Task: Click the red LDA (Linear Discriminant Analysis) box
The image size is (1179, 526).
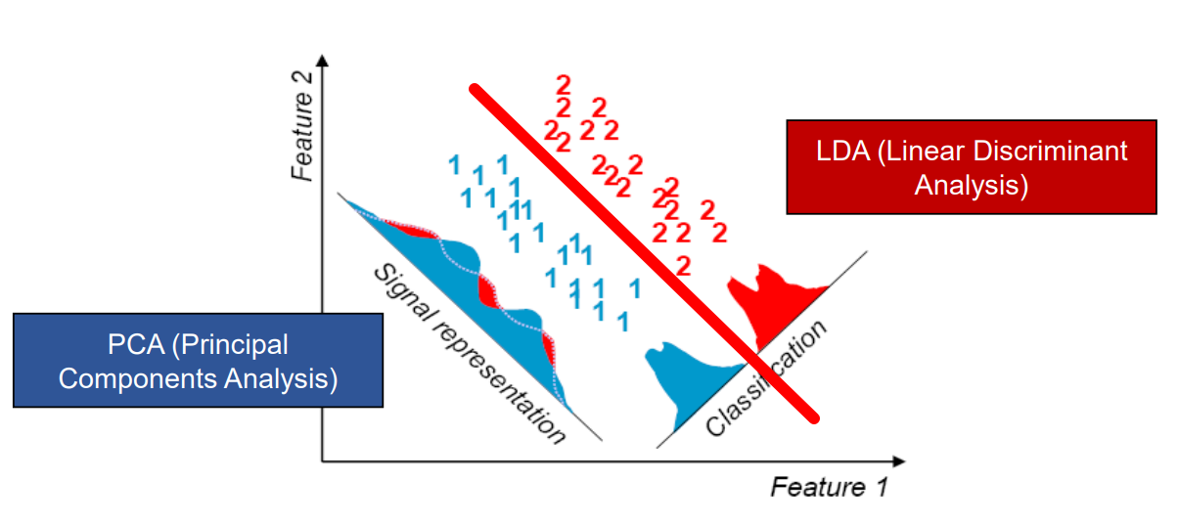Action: (x=971, y=166)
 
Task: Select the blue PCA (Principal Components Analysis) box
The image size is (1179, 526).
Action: (x=198, y=360)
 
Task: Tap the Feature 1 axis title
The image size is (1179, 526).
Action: (x=829, y=487)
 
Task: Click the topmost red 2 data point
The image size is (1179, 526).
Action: (x=564, y=83)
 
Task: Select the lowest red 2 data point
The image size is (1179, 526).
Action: (x=683, y=265)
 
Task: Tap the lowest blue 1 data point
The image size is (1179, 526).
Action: (x=622, y=320)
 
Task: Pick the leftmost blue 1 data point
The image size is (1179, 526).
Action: (x=454, y=164)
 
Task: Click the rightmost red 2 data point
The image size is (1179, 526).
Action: (x=719, y=232)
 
